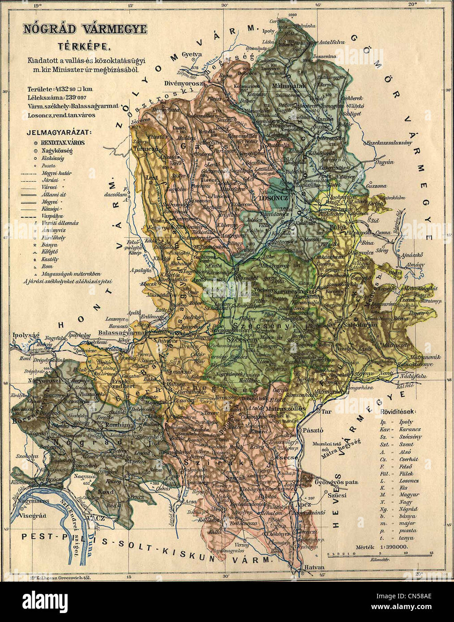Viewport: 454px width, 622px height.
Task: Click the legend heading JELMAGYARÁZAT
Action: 59,132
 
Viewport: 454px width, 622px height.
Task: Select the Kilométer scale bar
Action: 381,555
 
